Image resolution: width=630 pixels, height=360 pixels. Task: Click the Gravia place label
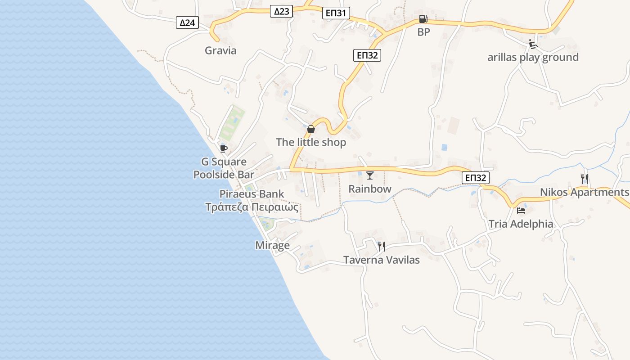coord(220,50)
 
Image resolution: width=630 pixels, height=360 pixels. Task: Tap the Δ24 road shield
coord(187,22)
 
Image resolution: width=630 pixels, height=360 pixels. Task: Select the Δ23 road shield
coord(282,11)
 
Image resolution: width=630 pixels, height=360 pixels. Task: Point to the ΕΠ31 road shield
coord(336,13)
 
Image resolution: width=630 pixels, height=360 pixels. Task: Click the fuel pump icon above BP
coord(423,19)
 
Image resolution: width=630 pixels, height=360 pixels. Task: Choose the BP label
coord(423,32)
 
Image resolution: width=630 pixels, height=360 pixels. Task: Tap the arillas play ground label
coord(533,58)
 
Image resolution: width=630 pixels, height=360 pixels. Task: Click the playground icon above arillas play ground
coord(533,44)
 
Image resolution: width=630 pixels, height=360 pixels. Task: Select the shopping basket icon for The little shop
coord(310,130)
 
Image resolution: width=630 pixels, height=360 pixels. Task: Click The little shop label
coord(311,143)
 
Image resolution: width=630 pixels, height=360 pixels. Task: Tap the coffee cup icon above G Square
coord(224,148)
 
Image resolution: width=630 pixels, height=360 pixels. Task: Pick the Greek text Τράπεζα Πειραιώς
coord(252,207)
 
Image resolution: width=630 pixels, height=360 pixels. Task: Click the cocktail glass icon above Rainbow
coord(370,175)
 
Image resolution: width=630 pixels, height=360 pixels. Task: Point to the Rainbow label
coord(370,189)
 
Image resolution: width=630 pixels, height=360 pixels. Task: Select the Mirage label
coord(272,245)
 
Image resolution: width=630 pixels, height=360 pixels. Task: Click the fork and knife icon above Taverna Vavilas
coord(381,246)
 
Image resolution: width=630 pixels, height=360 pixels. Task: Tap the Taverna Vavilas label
coord(382,260)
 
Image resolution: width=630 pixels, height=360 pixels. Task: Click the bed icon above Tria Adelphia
coord(521,210)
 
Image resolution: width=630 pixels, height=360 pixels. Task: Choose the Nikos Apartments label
coord(584,193)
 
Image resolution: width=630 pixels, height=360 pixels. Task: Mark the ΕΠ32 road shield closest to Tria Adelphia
coord(475,178)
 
